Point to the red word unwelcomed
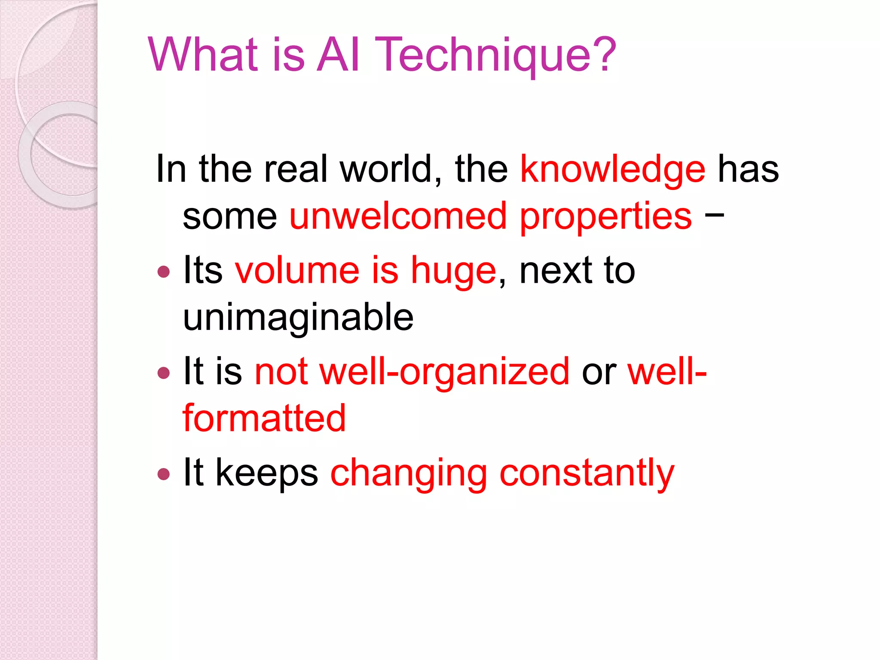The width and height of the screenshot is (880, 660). pos(398,216)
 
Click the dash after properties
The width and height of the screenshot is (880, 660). pos(714,214)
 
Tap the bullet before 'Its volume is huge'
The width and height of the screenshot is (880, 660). pos(164,272)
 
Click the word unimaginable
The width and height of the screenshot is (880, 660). pos(298,318)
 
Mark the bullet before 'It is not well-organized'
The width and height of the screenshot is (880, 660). pos(164,373)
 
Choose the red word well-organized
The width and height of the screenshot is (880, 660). pos(445,372)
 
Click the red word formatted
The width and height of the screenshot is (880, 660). pos(264,418)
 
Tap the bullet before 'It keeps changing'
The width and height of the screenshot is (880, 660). pos(164,474)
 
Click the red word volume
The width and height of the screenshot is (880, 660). pos(297,271)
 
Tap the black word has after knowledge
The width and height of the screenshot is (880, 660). pos(749,169)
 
